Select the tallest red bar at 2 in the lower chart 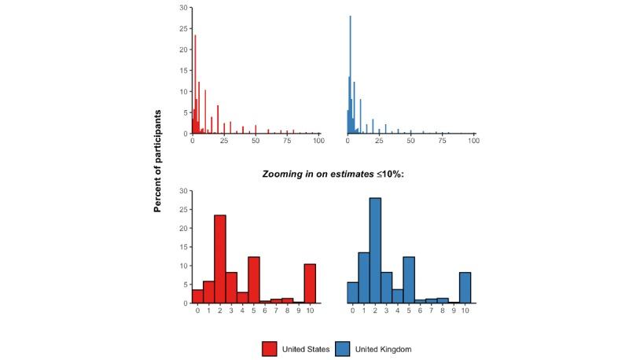220,259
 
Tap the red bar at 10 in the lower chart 311,283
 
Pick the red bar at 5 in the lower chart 254,280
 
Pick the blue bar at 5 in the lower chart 409,280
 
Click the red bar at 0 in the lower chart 197,296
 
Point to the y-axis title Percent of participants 157,161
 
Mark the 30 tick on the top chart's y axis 183,8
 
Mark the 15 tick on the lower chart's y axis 183,247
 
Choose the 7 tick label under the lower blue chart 432,310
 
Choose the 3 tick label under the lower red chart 231,310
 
